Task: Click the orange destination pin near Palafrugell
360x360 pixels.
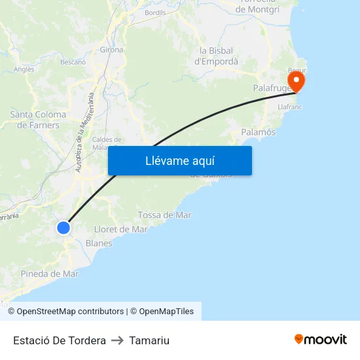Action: pyautogui.click(x=297, y=81)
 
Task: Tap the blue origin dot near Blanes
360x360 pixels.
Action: pyautogui.click(x=63, y=228)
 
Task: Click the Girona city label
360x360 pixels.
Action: pyautogui.click(x=111, y=50)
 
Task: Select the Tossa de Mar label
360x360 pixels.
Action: pyautogui.click(x=165, y=215)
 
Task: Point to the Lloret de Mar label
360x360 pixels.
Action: pyautogui.click(x=121, y=229)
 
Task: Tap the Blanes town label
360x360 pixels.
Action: pyautogui.click(x=99, y=243)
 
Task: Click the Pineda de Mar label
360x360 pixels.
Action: pyautogui.click(x=50, y=274)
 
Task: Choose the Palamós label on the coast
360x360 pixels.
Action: pyautogui.click(x=259, y=132)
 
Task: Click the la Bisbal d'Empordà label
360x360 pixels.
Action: pyautogui.click(x=217, y=56)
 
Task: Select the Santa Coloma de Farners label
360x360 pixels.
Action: pyautogui.click(x=35, y=120)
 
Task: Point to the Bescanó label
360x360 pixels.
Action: pyautogui.click(x=73, y=63)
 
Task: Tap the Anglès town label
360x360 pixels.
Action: pyautogui.click(x=24, y=69)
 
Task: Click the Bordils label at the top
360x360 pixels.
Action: pyautogui.click(x=155, y=12)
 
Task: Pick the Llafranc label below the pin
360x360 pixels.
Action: pyautogui.click(x=289, y=105)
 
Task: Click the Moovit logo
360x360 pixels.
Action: pyautogui.click(x=320, y=339)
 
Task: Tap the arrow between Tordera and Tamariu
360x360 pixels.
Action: pyautogui.click(x=118, y=340)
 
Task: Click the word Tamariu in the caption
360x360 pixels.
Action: pyautogui.click(x=149, y=340)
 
